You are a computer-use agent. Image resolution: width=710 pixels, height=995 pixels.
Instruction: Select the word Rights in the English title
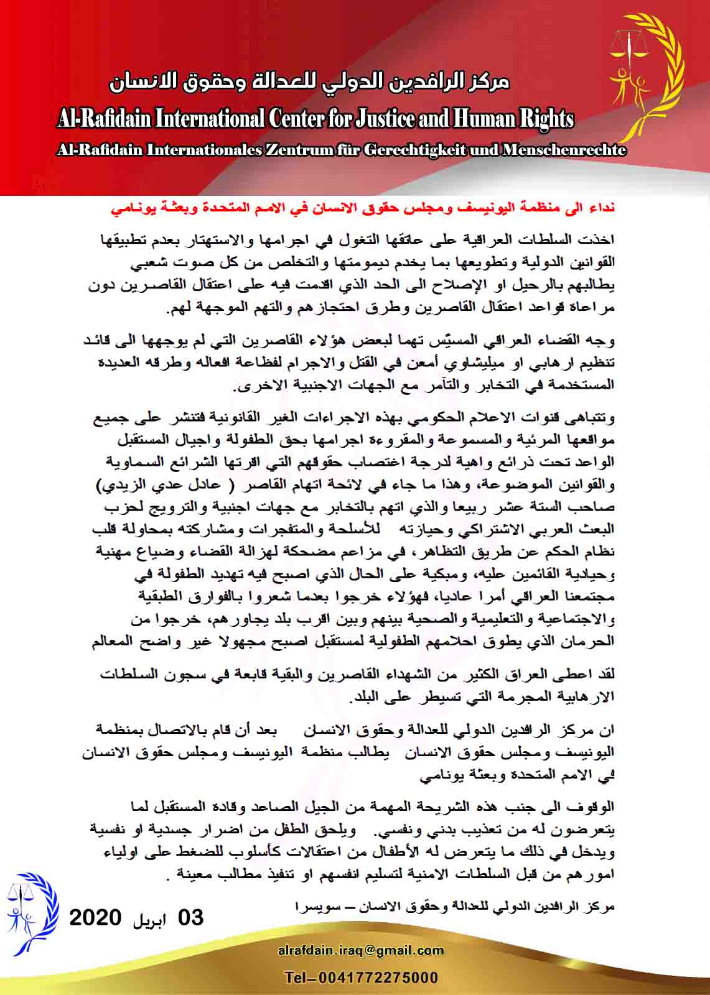click(545, 118)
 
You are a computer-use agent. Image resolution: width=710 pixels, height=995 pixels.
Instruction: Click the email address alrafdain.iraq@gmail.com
click(361, 951)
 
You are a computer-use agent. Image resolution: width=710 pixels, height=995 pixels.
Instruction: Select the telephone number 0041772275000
click(379, 978)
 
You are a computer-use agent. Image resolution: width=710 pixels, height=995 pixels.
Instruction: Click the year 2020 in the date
click(95, 918)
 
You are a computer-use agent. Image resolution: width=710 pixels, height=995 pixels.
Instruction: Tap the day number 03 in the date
click(191, 918)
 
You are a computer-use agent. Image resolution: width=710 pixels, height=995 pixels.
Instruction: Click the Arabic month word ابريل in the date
click(149, 919)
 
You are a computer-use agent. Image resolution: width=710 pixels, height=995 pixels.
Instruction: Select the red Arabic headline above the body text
click(363, 208)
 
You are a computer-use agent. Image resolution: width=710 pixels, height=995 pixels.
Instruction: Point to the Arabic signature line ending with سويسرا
click(454, 907)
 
